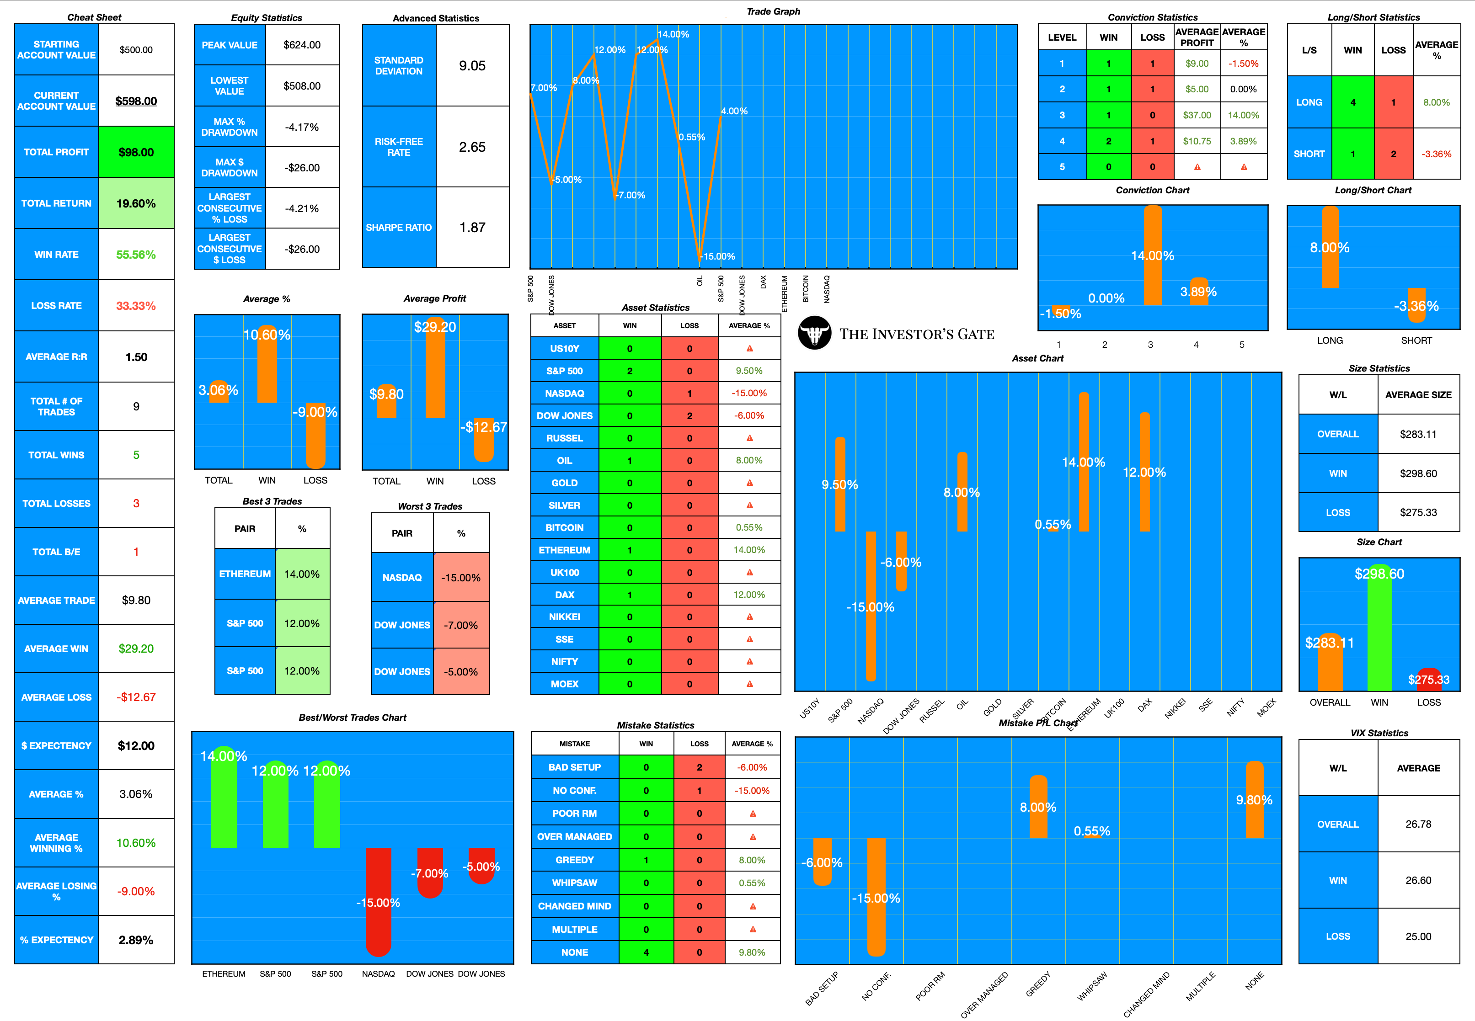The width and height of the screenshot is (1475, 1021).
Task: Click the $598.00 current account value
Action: (136, 101)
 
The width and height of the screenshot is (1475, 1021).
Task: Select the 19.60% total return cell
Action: (136, 203)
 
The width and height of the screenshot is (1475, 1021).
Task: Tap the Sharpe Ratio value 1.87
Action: (472, 228)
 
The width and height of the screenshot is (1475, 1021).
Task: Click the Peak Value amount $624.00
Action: (302, 45)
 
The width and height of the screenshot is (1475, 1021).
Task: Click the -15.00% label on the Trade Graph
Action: (718, 256)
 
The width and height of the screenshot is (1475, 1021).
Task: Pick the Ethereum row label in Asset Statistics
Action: (564, 550)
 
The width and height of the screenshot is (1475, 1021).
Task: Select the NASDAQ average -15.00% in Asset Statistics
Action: (748, 394)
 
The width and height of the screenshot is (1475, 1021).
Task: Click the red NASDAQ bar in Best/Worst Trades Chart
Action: (378, 902)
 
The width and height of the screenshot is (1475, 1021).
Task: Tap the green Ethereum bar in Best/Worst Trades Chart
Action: (224, 800)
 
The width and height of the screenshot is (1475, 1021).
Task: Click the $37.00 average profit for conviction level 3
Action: (1197, 115)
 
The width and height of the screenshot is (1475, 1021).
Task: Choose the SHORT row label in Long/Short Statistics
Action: (1309, 154)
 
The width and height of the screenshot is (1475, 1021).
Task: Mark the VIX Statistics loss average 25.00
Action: (1418, 936)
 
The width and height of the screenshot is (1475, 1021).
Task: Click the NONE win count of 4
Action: (646, 952)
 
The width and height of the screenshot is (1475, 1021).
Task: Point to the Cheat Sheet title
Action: (94, 17)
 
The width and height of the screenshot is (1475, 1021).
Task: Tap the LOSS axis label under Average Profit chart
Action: (483, 481)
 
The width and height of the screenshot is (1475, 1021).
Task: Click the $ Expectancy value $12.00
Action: (136, 746)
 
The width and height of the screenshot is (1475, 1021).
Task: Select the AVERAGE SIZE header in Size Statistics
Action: (1418, 395)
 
